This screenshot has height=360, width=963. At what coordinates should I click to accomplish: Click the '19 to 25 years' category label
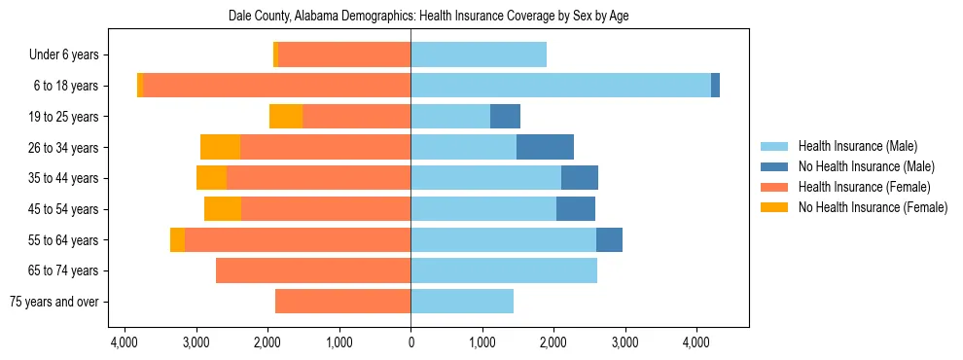[x=63, y=117]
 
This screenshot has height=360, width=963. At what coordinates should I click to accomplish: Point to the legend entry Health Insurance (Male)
[x=856, y=147]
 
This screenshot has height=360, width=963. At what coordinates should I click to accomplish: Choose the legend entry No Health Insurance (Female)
[x=872, y=207]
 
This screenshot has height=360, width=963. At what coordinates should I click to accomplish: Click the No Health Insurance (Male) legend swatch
[x=774, y=167]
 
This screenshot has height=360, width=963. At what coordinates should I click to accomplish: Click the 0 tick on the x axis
[x=410, y=342]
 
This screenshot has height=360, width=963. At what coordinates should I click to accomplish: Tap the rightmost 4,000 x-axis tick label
[x=695, y=342]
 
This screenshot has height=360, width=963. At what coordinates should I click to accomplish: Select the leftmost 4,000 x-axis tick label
[x=125, y=342]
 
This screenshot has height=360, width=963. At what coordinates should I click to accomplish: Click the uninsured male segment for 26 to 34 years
[x=545, y=147]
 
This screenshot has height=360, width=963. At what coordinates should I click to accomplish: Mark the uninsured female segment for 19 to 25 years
[x=286, y=117]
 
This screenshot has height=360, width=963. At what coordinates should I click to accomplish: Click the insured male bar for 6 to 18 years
[x=560, y=86]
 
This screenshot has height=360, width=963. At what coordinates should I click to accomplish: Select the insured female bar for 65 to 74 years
[x=313, y=270]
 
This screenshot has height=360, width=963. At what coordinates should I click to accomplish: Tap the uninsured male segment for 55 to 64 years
[x=609, y=239]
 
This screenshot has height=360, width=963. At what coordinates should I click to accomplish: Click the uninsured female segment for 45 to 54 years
[x=223, y=209]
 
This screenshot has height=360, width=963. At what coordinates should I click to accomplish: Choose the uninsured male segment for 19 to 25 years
[x=505, y=117]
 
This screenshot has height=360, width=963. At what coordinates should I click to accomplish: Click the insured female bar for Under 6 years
[x=344, y=55]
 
